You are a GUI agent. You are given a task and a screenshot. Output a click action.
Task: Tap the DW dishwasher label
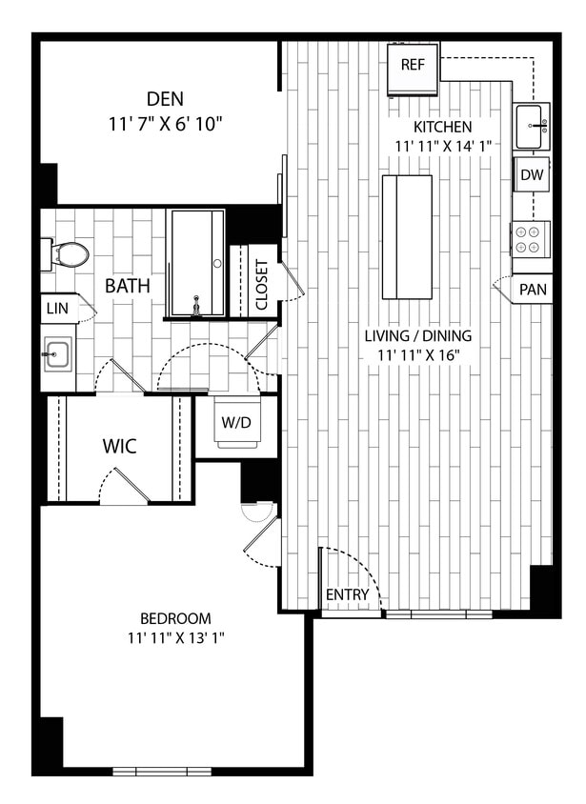(532, 175)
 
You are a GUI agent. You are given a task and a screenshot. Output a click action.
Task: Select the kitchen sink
(532, 125)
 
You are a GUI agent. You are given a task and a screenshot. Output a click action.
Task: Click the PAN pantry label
(533, 289)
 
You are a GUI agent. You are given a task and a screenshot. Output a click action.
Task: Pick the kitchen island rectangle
(407, 236)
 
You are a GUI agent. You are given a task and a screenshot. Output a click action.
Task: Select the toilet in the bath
(69, 254)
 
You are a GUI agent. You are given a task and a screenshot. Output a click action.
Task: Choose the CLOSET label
(261, 286)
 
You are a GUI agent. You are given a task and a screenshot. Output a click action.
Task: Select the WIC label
(119, 447)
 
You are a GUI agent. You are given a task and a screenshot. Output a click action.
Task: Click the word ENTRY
(347, 595)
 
